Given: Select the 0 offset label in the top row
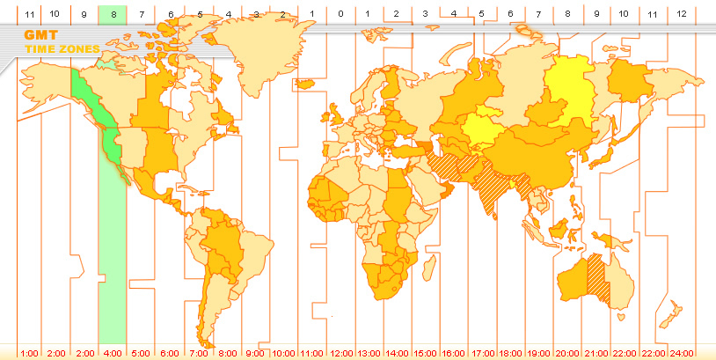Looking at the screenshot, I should click(x=340, y=14).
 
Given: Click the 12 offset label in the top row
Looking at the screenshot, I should click(x=682, y=14).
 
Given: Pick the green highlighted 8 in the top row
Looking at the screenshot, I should click(x=113, y=14).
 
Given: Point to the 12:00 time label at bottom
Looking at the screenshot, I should click(x=340, y=353).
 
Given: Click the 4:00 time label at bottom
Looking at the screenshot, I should click(x=113, y=353).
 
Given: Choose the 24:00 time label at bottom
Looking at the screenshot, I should click(x=682, y=353).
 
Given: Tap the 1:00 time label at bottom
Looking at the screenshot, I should click(x=29, y=353).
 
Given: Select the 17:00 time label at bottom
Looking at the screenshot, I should click(x=482, y=353).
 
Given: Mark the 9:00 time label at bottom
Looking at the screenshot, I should click(x=255, y=353).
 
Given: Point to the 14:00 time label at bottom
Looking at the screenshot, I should click(x=397, y=353).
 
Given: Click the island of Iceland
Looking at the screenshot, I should click(x=306, y=84).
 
